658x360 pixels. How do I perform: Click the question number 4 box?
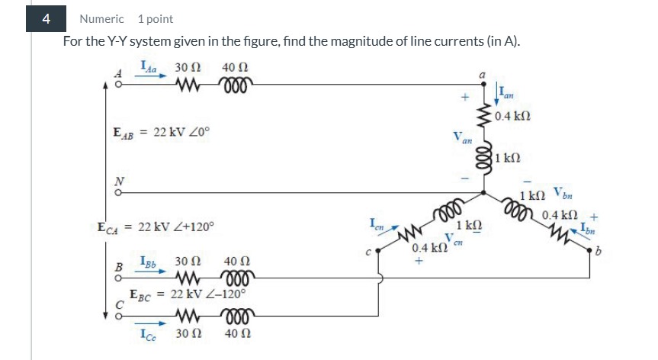(x=47, y=19)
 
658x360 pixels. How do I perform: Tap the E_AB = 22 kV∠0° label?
(x=157, y=132)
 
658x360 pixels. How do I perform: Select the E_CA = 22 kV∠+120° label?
(x=156, y=227)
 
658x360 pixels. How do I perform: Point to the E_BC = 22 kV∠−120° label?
(x=187, y=294)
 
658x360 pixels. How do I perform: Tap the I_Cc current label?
(x=149, y=333)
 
